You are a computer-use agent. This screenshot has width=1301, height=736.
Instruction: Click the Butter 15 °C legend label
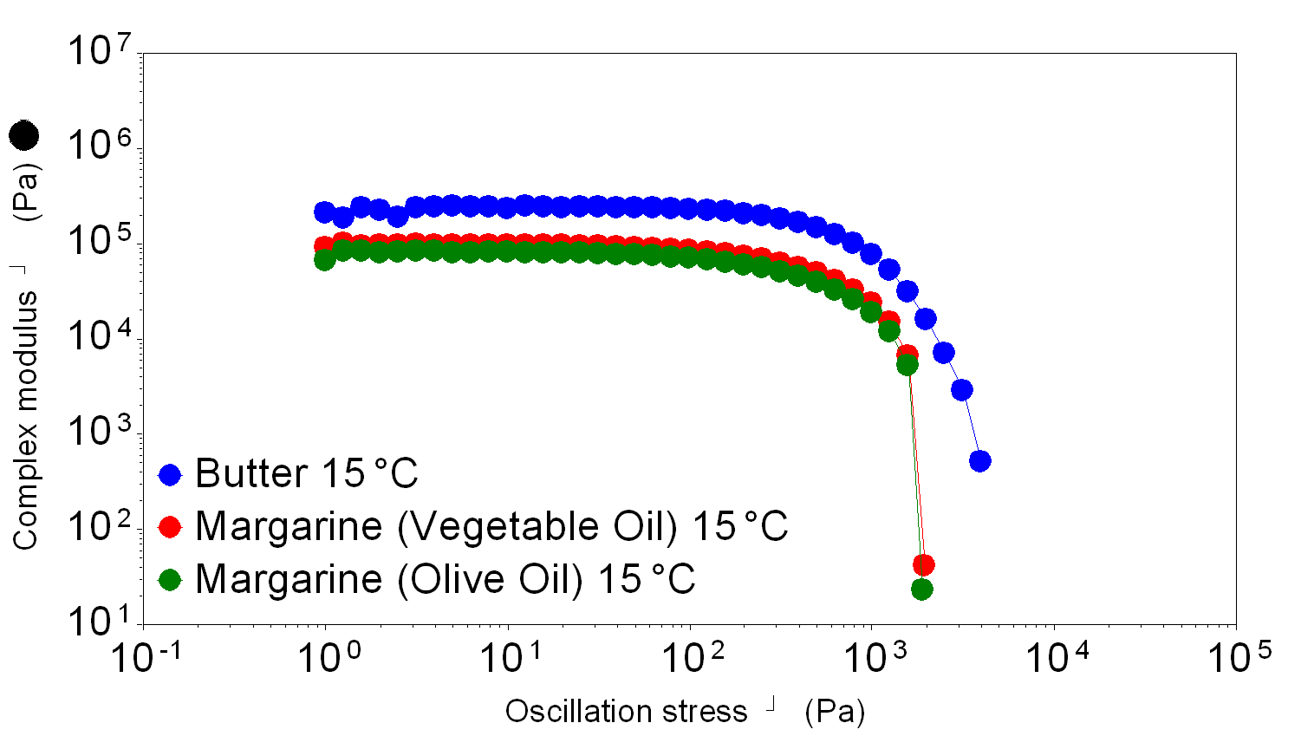[306, 473]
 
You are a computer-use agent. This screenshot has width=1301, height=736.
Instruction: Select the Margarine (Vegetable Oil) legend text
[491, 526]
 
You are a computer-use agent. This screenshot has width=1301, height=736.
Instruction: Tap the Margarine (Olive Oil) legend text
[445, 579]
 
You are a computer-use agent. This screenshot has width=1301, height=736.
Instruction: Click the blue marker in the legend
[170, 474]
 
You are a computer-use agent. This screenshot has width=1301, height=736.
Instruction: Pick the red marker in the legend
[170, 526]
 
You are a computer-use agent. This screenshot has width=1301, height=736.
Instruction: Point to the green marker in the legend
[170, 579]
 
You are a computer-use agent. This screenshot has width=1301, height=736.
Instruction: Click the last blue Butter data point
[979, 460]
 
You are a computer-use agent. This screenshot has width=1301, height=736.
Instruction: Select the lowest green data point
[921, 589]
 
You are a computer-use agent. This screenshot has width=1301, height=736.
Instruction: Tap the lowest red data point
[924, 565]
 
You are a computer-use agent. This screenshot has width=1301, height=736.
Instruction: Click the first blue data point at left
[324, 212]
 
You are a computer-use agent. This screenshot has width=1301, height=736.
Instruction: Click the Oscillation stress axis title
[626, 712]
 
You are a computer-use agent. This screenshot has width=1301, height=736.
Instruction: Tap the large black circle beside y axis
[24, 134]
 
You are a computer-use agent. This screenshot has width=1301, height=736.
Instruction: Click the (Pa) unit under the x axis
[835, 712]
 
